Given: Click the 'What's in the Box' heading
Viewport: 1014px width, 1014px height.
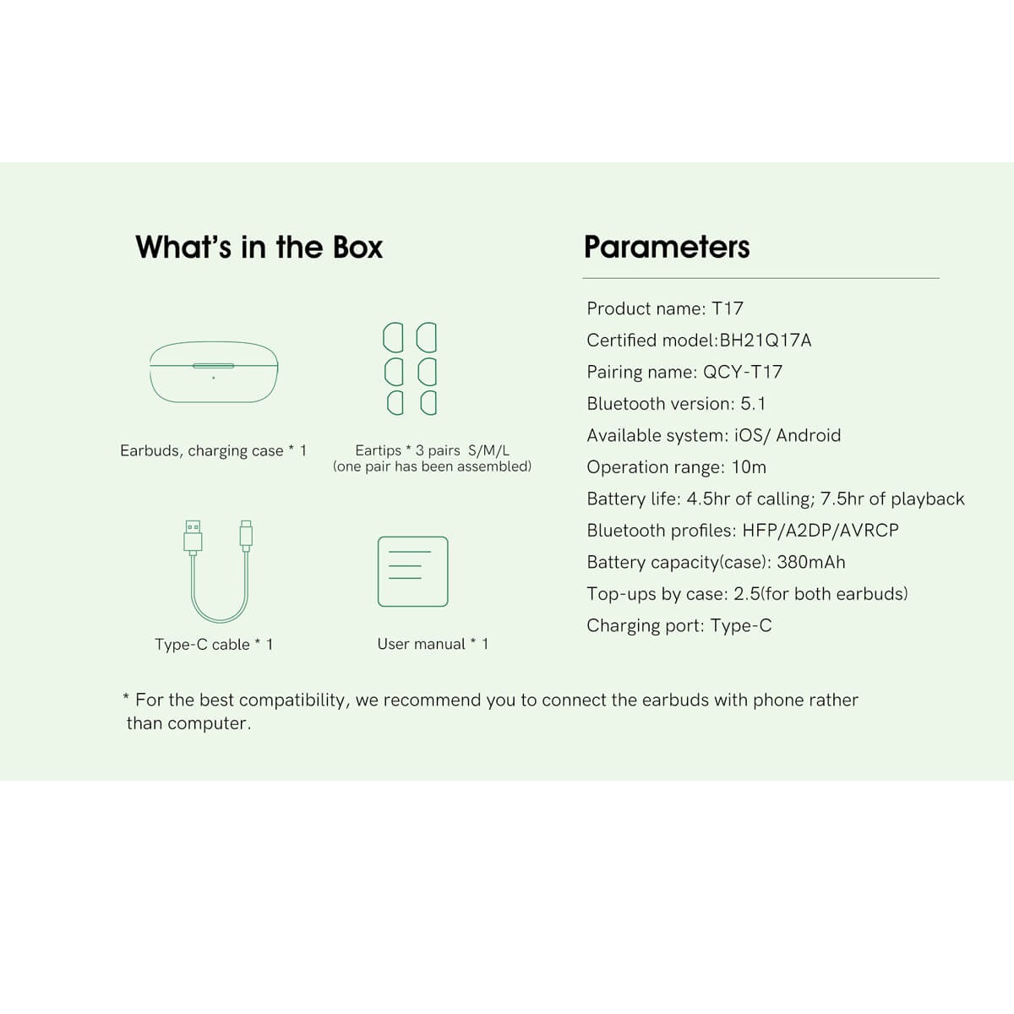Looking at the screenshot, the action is [259, 247].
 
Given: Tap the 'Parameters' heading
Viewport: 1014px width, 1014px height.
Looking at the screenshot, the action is [667, 247].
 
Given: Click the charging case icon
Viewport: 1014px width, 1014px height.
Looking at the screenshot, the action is [214, 372].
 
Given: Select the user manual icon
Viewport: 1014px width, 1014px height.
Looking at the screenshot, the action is [413, 571].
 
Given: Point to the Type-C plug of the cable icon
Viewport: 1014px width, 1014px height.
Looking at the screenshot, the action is [246, 536].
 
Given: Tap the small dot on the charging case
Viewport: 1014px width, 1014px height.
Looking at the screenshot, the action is [213, 378].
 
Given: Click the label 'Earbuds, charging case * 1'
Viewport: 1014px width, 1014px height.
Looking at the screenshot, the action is [213, 450].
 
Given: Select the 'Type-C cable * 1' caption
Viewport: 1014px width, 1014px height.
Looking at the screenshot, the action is [214, 644].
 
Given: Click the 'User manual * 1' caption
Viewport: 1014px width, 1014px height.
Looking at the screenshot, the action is [433, 644].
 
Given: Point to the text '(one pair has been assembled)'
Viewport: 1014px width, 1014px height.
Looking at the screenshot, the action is [432, 466].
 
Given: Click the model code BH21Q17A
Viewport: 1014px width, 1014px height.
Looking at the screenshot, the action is [765, 341].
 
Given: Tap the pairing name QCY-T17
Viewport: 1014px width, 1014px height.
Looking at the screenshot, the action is [743, 372].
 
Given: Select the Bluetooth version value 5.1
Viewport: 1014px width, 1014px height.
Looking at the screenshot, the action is [753, 404].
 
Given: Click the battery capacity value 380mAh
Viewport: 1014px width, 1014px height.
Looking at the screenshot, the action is [811, 562].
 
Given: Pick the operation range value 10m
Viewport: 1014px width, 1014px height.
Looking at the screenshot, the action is [749, 467].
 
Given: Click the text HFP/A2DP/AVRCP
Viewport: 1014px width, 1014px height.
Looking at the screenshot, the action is [820, 531].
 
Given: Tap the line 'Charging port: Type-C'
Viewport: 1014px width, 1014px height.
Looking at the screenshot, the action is [679, 625].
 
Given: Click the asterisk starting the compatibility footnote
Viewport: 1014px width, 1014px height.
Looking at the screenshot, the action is [126, 697].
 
